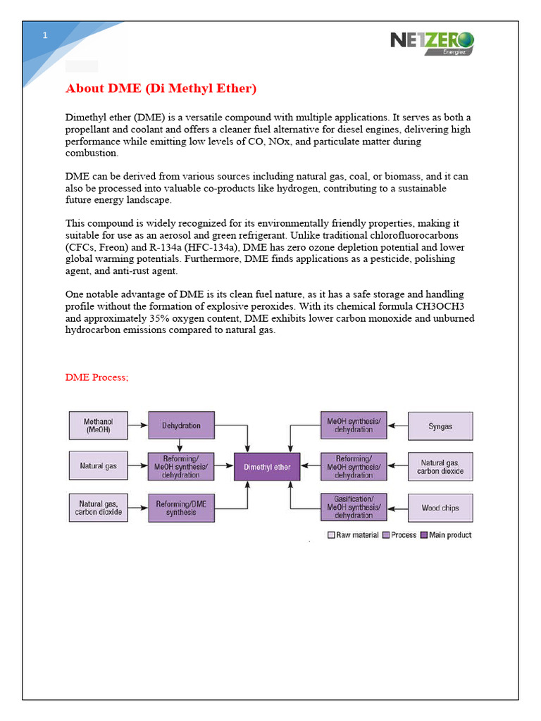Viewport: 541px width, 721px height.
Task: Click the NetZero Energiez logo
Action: (x=432, y=42)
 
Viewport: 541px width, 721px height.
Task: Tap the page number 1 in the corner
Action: (x=44, y=35)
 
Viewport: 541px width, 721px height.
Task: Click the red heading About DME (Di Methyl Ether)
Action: (x=161, y=89)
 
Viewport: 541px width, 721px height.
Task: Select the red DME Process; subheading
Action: (x=97, y=377)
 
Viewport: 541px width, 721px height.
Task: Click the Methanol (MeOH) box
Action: (x=99, y=425)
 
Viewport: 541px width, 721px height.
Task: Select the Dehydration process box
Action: (x=181, y=425)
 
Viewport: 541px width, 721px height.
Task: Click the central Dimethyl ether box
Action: (x=267, y=467)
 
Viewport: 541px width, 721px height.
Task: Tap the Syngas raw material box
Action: (x=440, y=426)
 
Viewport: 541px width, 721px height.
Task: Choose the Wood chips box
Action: (x=440, y=508)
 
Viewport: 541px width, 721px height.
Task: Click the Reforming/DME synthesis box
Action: (x=181, y=508)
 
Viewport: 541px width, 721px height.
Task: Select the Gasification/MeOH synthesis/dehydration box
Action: (x=354, y=507)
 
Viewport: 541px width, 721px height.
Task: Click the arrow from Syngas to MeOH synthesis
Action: (x=398, y=426)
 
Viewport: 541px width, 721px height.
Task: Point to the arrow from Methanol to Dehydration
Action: (x=137, y=425)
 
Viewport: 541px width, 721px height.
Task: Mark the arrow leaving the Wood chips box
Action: (x=398, y=508)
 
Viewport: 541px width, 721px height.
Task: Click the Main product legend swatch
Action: (x=424, y=535)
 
